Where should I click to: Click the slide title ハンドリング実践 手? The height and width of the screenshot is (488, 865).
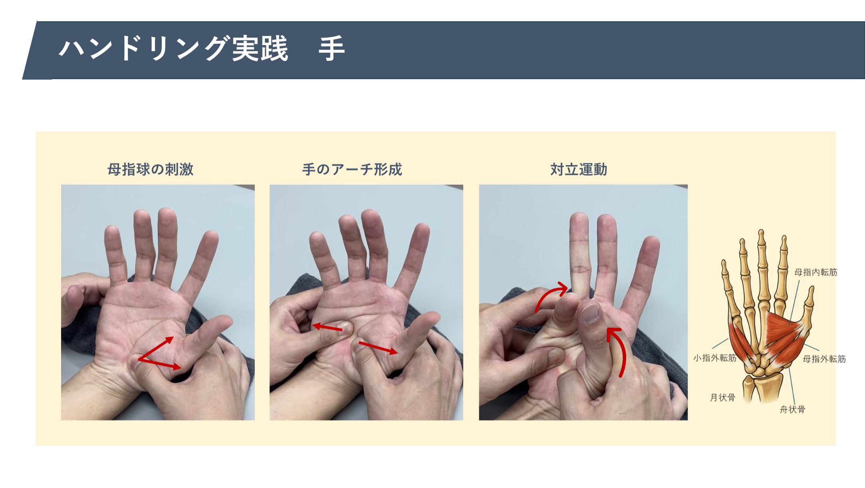[202, 49]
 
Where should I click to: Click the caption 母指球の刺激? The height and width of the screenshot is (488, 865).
[151, 169]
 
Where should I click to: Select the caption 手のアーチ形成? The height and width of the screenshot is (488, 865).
[352, 169]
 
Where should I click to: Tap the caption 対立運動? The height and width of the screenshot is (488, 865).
[579, 169]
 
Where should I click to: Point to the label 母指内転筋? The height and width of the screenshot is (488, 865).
[815, 272]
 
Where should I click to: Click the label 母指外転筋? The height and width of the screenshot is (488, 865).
[824, 359]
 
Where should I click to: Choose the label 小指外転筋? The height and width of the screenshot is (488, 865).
[714, 358]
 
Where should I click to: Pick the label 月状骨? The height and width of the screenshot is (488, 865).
[722, 398]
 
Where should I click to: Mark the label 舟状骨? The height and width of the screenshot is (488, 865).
[792, 409]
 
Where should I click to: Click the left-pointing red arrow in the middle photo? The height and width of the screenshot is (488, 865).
[327, 327]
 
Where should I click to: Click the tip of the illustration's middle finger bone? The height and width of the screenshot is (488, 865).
[761, 232]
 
